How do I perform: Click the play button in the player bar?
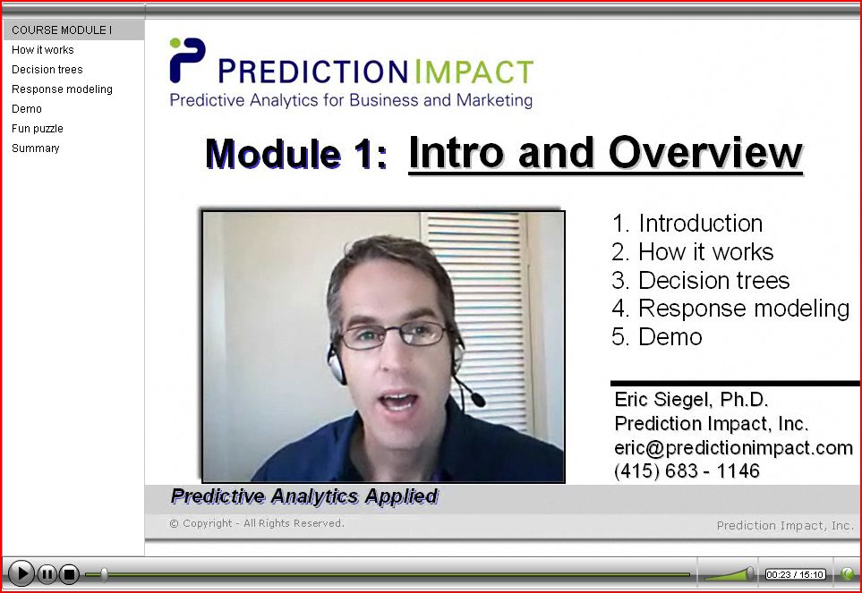pyautogui.click(x=21, y=574)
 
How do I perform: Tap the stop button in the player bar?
pyautogui.click(x=69, y=574)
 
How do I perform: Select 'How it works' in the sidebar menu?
pyautogui.click(x=42, y=50)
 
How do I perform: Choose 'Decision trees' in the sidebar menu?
pyautogui.click(x=47, y=70)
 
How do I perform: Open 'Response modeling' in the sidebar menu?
pyautogui.click(x=62, y=89)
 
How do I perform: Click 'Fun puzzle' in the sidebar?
pyautogui.click(x=38, y=129)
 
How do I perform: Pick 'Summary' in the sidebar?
pyautogui.click(x=35, y=148)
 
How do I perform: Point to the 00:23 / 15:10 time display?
pyautogui.click(x=795, y=574)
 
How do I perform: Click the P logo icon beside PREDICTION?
pyautogui.click(x=187, y=60)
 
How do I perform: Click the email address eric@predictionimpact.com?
pyautogui.click(x=733, y=447)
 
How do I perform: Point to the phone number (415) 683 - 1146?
pyautogui.click(x=687, y=471)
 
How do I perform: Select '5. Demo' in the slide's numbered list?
pyautogui.click(x=656, y=336)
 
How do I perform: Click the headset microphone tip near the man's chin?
pyautogui.click(x=478, y=401)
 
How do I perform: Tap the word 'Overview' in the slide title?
pyautogui.click(x=705, y=153)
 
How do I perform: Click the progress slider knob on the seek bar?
pyautogui.click(x=105, y=574)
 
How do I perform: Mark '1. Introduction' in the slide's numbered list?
pyautogui.click(x=687, y=224)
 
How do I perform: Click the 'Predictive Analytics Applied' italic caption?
pyautogui.click(x=304, y=496)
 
